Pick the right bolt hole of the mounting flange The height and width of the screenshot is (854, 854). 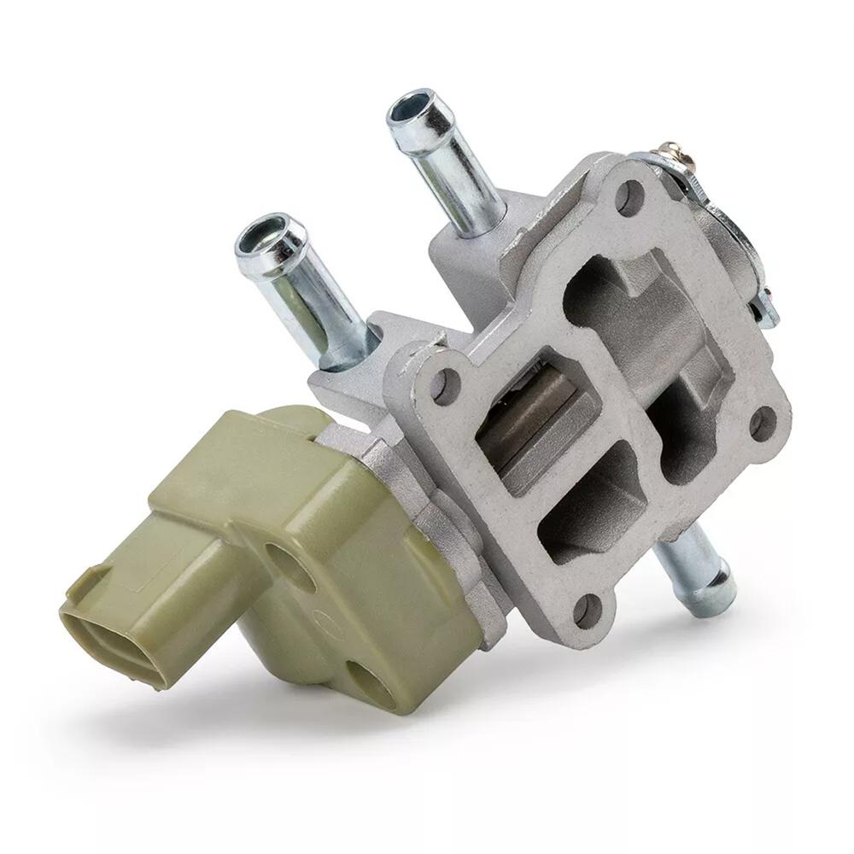click(762, 422)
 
